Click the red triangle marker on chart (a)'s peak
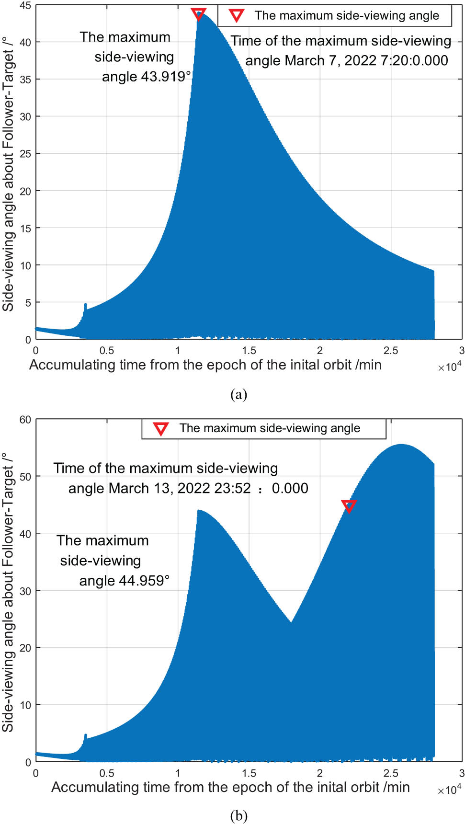[198, 14]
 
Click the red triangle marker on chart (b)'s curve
[349, 506]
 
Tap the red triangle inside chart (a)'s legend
[236, 15]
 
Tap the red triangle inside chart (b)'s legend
[161, 428]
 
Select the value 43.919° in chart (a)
[167, 77]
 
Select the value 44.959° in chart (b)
[144, 581]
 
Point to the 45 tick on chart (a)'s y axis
[25, 6]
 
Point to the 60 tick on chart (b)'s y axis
[25, 420]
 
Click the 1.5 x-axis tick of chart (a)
[249, 351]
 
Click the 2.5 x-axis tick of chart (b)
[391, 773]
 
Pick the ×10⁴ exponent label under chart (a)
[449, 367]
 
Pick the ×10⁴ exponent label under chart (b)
[449, 790]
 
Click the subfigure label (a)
[238, 394]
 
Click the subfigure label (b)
[238, 815]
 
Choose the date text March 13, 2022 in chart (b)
[160, 488]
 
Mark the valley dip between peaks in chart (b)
[291, 622]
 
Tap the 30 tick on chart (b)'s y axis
[25, 591]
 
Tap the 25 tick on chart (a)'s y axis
[25, 154]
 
